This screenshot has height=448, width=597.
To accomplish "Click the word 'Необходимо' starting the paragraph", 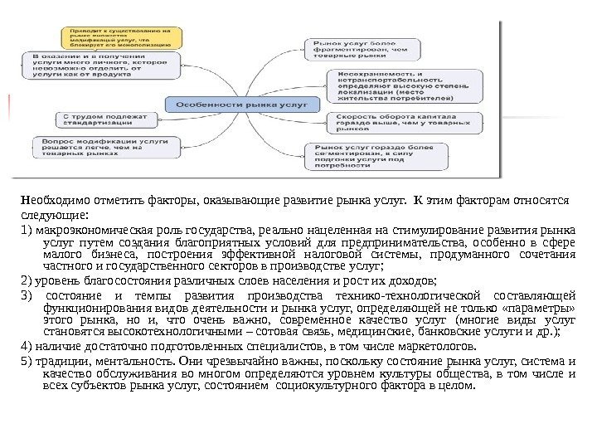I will (x=48, y=200).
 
